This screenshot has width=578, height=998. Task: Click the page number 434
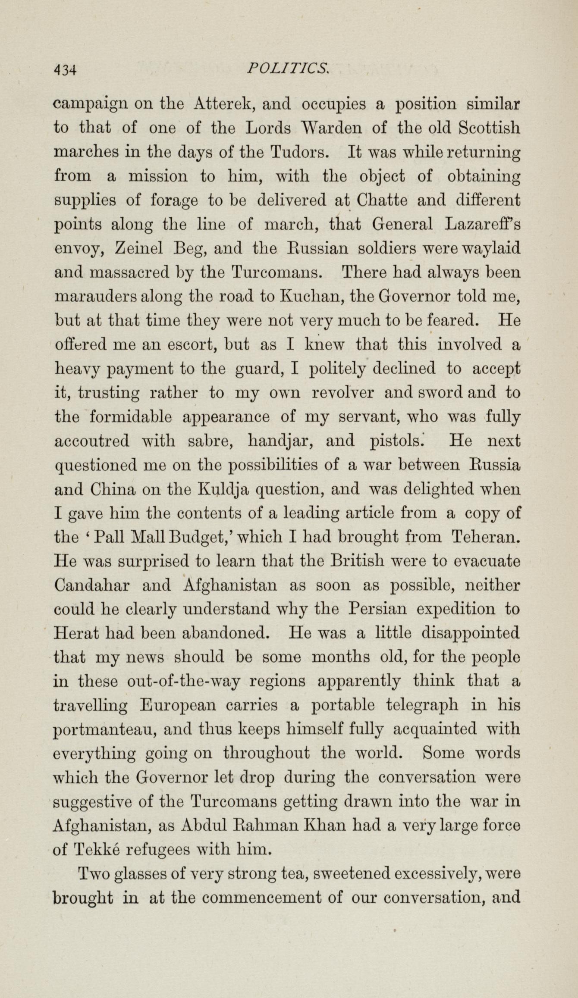[x=65, y=69]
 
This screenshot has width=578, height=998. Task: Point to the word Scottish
[x=489, y=128]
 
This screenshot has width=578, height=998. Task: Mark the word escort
[x=191, y=345]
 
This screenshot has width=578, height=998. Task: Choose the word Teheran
[x=485, y=537]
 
